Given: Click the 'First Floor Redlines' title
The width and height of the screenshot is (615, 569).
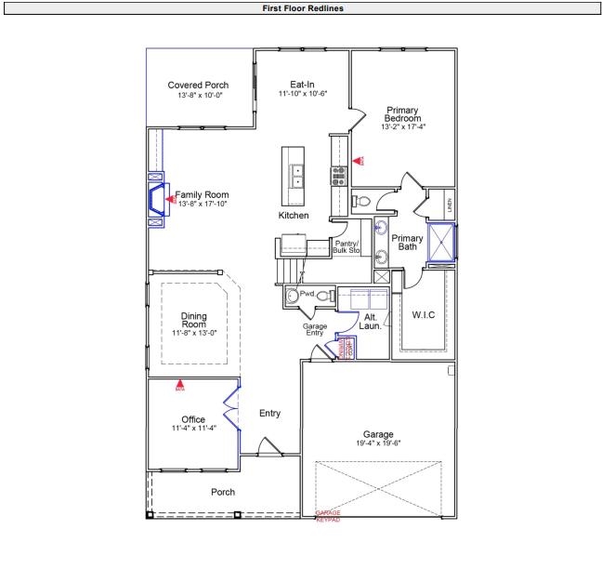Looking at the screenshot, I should (307, 7).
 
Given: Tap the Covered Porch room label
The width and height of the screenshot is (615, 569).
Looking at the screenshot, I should (198, 86).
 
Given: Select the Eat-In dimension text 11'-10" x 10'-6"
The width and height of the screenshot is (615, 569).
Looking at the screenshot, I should (302, 94).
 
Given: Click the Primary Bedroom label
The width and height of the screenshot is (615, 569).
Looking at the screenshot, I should (403, 113).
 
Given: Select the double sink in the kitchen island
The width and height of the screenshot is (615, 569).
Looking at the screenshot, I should (296, 176).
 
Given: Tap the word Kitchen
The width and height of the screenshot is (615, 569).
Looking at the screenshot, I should (294, 216).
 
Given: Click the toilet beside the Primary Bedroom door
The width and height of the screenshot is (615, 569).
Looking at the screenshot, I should (363, 201).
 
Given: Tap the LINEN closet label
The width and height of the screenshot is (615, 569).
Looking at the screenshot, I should (450, 205).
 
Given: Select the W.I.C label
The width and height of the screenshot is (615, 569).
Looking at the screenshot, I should (423, 315).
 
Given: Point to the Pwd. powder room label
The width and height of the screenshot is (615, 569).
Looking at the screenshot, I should (307, 293).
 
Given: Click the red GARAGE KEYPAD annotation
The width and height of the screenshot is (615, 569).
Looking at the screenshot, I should (328, 516).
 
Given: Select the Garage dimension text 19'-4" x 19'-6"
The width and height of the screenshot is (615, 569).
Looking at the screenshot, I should (378, 443).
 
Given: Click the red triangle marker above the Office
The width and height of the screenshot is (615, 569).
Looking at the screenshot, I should (180, 384).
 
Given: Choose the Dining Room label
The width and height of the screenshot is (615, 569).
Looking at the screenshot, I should (193, 320).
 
